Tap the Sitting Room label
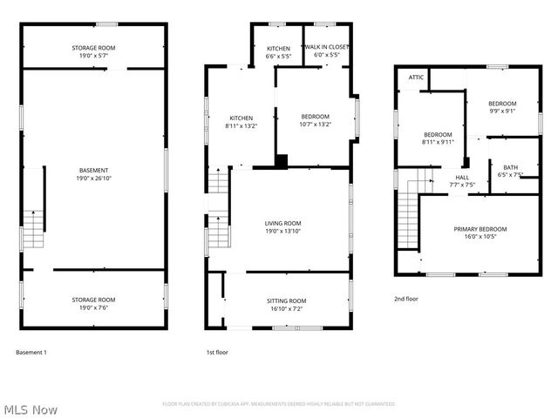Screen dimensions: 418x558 click(x=286, y=300)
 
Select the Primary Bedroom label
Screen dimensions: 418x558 click(x=480, y=229)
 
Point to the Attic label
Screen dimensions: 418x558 click(x=416, y=78)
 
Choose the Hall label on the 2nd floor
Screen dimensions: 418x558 click(x=462, y=177)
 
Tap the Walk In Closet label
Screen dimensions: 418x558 click(x=327, y=47)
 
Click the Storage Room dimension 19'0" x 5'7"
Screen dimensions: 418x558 click(x=93, y=55)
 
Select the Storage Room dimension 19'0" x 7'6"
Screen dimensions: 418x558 click(x=93, y=307)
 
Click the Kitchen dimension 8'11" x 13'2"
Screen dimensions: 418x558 click(x=241, y=125)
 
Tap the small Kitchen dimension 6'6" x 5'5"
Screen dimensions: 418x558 click(x=278, y=56)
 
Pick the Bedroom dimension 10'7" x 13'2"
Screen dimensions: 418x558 click(x=315, y=125)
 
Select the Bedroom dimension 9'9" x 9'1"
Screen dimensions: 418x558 click(x=501, y=111)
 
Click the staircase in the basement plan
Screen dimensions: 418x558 click(x=32, y=227)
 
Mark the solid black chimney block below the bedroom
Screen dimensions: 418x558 click(x=282, y=160)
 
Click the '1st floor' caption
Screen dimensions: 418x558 click(x=217, y=352)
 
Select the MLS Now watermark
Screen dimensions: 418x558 click(x=31, y=408)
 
